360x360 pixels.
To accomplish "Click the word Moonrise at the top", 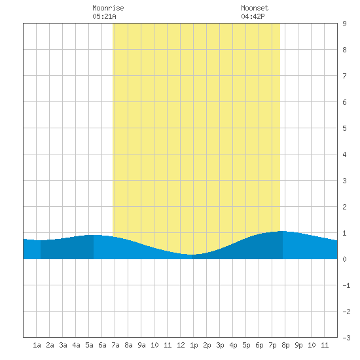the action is coord(108,8).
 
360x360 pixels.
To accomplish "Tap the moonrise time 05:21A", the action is coord(105,16).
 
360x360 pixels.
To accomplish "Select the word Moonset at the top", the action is coord(255,8).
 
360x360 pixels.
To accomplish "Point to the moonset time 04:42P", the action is coord(253,16).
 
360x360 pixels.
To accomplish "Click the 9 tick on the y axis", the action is coord(344,24).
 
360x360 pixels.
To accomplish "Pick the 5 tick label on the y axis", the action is coord(344,128).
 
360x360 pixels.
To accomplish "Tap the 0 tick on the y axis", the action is coord(344,259).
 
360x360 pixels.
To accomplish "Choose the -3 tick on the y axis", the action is coord(346,338).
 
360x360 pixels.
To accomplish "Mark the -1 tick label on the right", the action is coord(346,285).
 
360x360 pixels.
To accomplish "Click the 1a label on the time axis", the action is coord(37,345).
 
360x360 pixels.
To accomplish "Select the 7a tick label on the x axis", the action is coord(115,345).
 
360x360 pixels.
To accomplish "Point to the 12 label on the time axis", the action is coord(181,345).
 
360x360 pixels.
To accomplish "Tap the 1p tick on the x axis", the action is coord(194,345).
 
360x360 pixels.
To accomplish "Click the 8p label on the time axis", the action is coord(285,345).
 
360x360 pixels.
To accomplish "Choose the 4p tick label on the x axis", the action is coord(233,345).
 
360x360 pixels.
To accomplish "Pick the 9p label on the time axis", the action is coord(298,345).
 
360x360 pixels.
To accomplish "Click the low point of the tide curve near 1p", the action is coord(192,255).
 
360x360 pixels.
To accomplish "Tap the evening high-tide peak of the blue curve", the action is coord(281,231).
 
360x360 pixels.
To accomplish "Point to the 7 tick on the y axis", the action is coord(344,76).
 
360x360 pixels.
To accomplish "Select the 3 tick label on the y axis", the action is coord(344,181).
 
